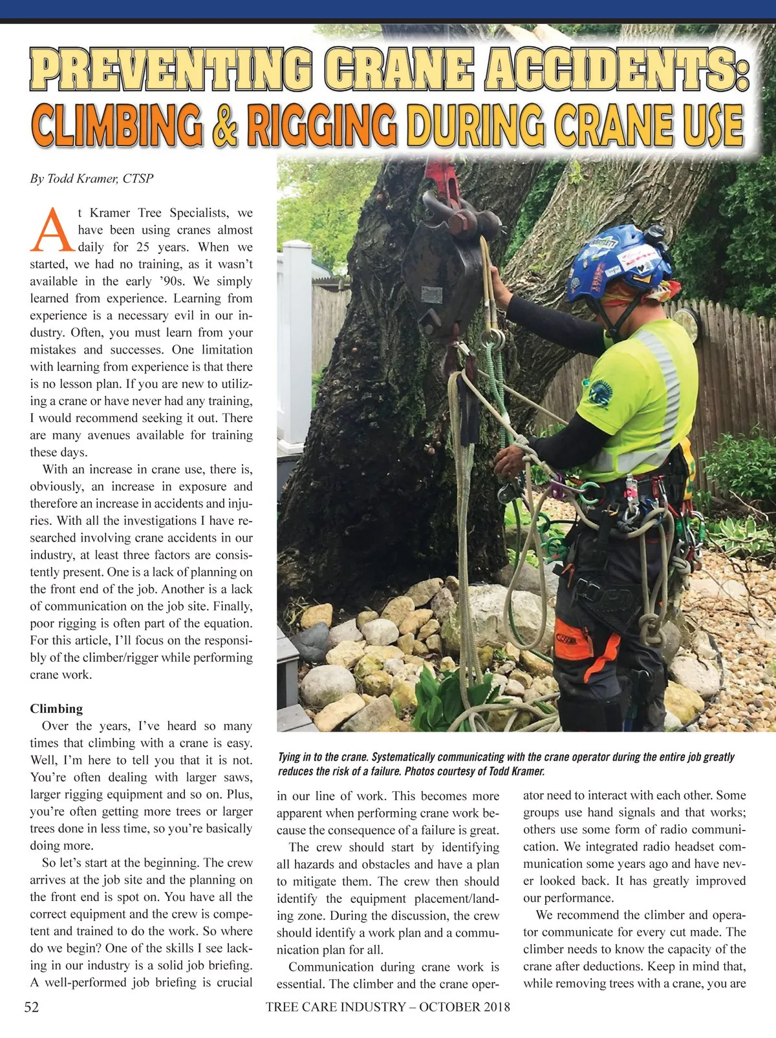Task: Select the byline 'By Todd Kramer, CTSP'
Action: [91, 178]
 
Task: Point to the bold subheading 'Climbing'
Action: [56, 708]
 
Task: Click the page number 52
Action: [32, 1006]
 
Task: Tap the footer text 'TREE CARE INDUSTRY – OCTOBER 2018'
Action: [387, 1006]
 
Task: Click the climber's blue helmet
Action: [614, 262]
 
